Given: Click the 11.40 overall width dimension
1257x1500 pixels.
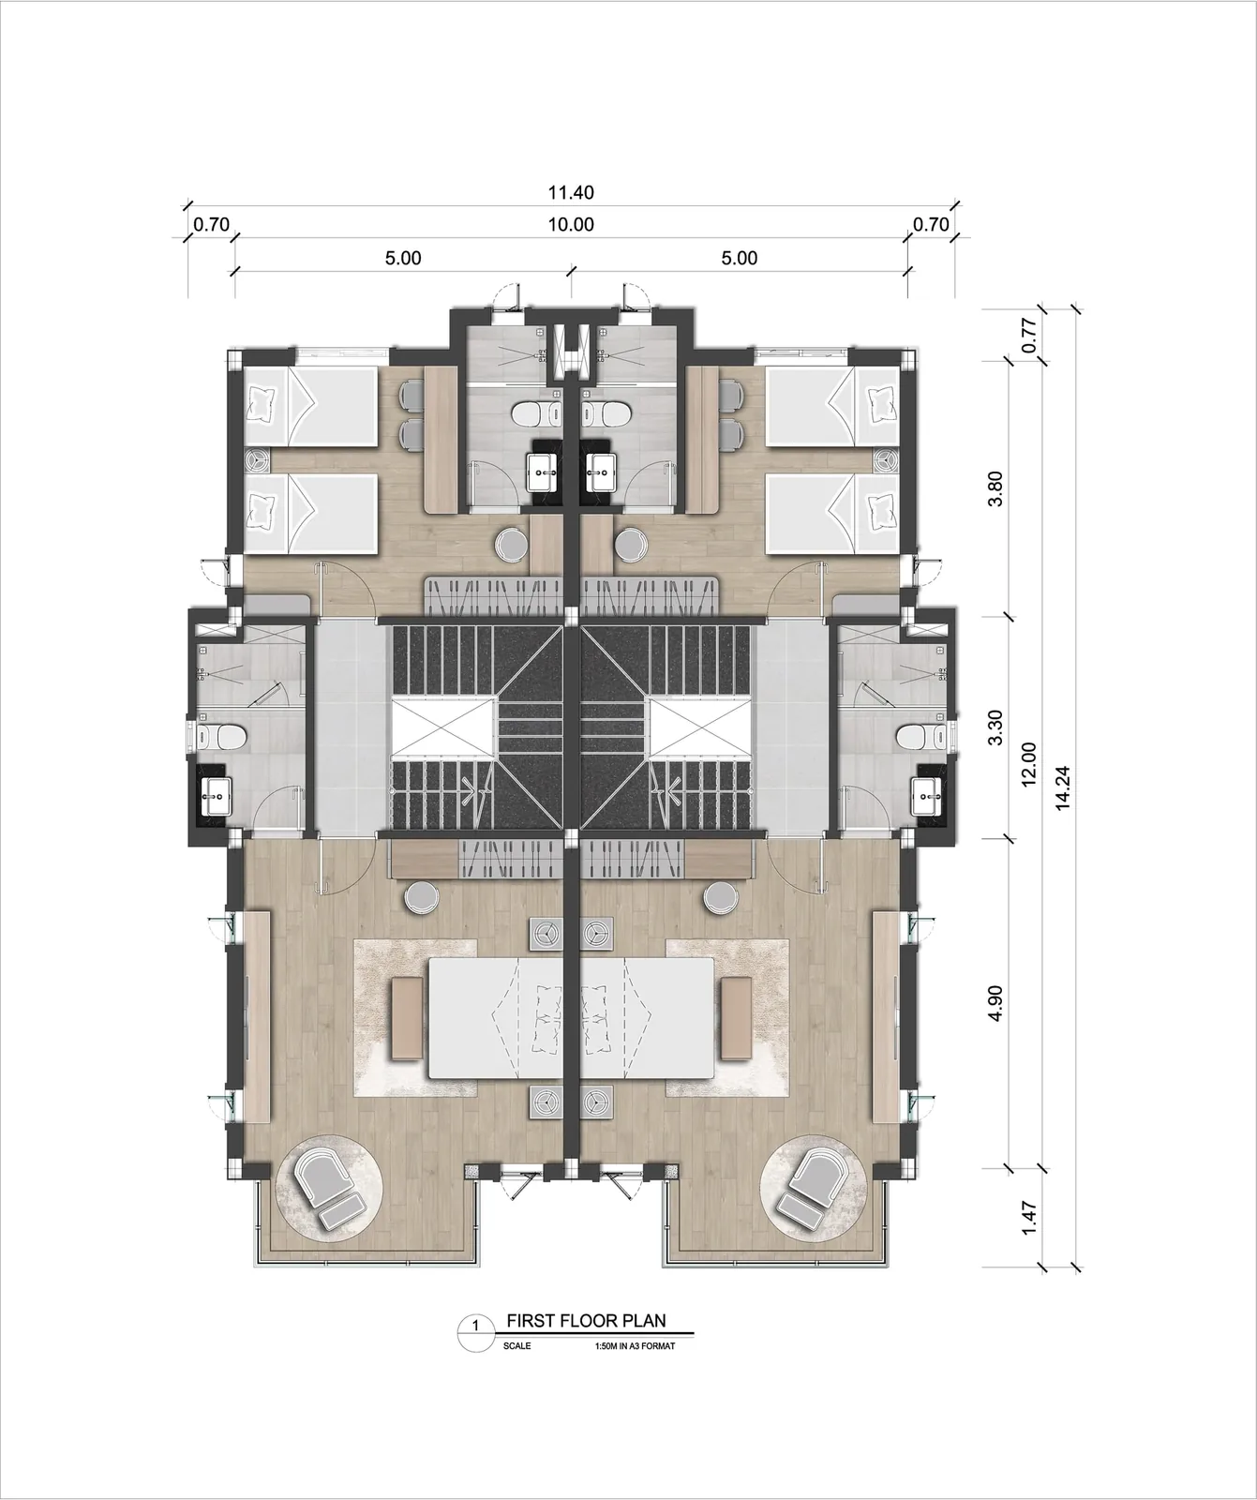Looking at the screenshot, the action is pyautogui.click(x=571, y=194).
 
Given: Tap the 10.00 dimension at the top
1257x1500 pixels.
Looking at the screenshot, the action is pyautogui.click(x=571, y=225).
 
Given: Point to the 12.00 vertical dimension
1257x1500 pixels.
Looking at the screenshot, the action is pyautogui.click(x=1028, y=765).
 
